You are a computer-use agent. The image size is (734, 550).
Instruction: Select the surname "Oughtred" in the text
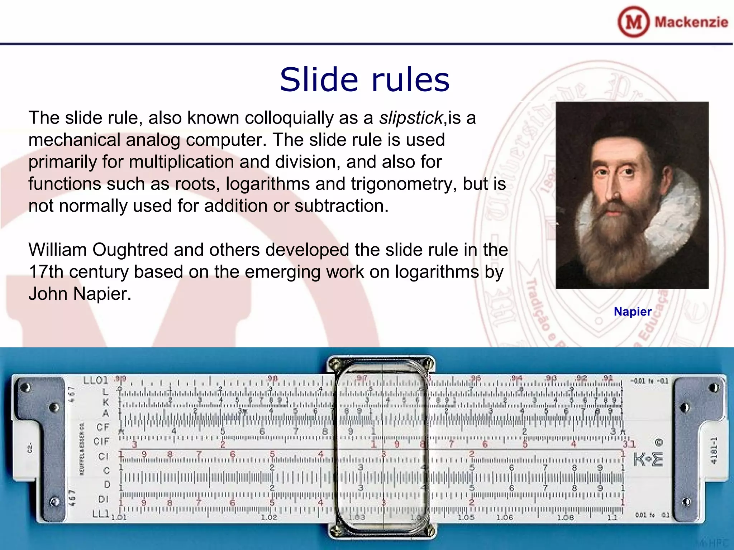point(130,250)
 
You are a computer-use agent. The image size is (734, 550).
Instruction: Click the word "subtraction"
point(341,206)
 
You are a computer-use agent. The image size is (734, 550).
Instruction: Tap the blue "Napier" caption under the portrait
point(632,312)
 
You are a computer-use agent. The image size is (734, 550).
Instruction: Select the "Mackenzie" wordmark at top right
point(691,22)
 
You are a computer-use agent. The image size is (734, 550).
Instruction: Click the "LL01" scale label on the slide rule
point(95,380)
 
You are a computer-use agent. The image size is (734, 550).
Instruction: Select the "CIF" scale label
point(101,441)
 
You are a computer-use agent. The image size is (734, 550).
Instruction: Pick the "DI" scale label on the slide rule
point(103,499)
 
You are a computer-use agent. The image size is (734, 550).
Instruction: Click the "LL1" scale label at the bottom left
point(100,514)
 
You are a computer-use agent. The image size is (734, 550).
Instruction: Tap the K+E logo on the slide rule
point(648,459)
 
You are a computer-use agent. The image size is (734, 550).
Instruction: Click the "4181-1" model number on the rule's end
point(714,450)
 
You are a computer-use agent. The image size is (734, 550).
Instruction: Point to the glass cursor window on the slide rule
point(382,448)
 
